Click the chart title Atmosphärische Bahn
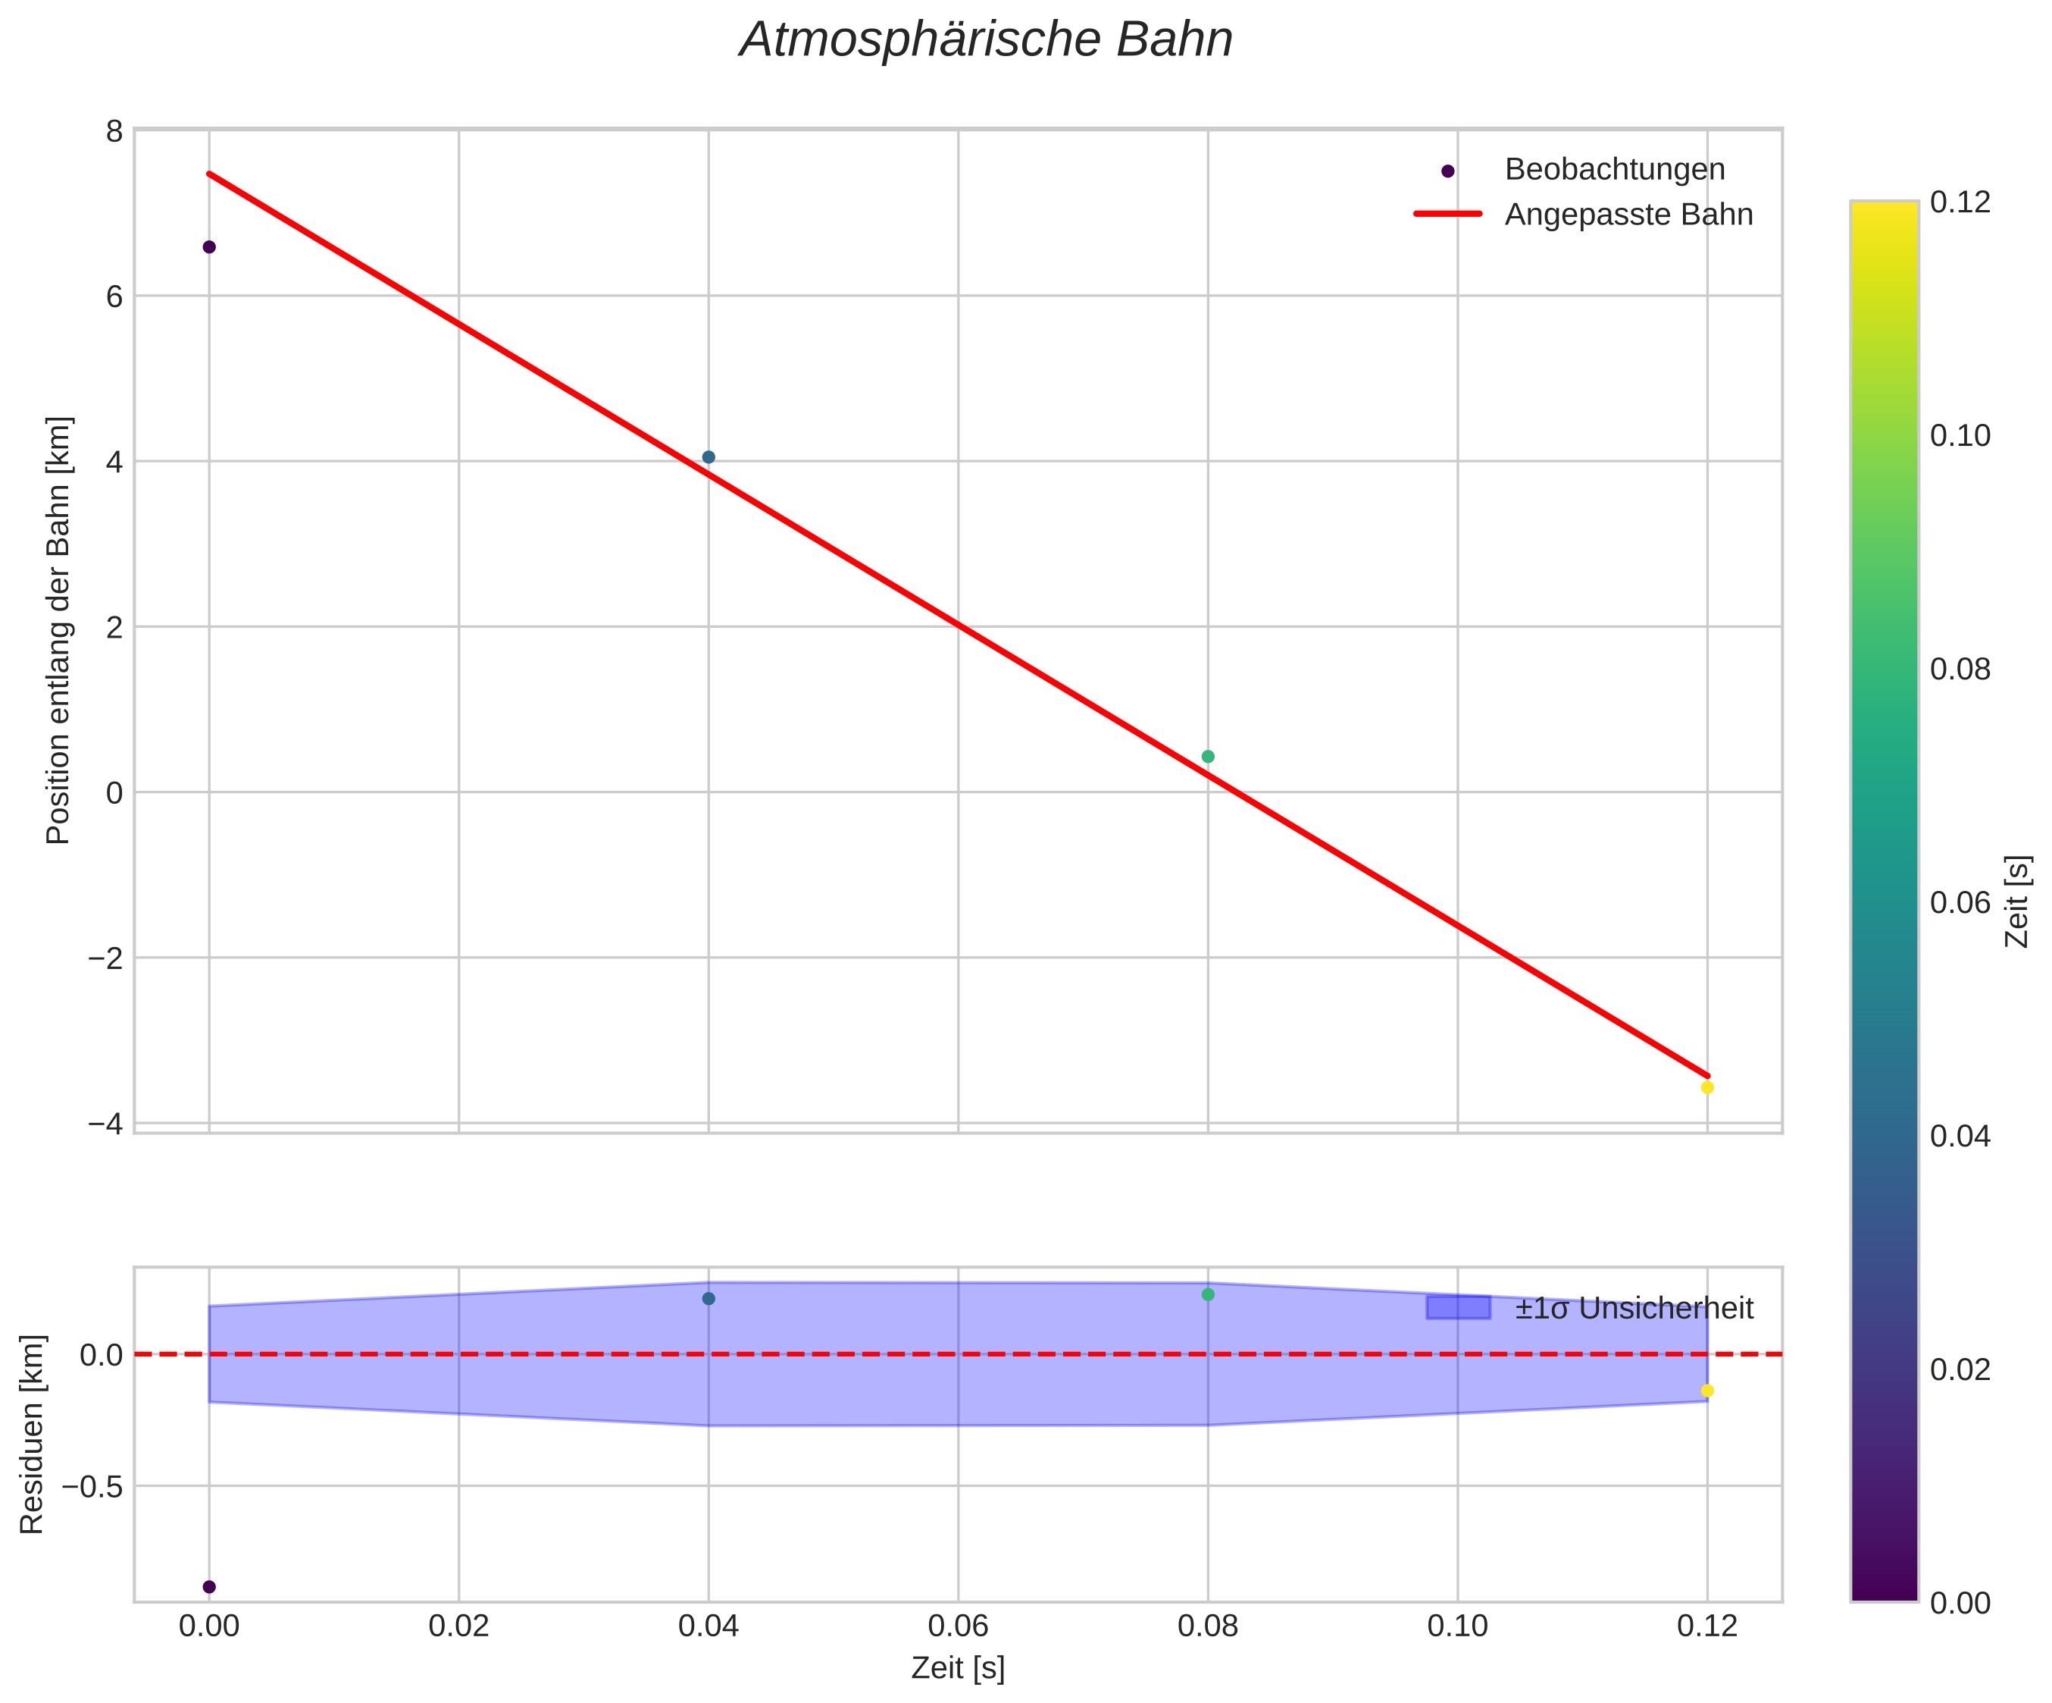coord(986,41)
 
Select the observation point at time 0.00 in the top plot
coord(209,246)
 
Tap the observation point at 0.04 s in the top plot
coord(709,457)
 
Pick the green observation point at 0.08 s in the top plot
coord(1208,757)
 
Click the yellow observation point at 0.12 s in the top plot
coord(1707,1087)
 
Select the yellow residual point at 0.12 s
coord(1707,1390)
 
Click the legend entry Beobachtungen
coord(1614,170)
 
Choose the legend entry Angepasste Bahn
coord(1628,215)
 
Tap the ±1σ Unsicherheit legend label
coord(1634,1308)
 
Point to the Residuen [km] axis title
coord(33,1433)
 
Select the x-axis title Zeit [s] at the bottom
coord(958,1668)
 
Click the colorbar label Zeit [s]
coord(2018,902)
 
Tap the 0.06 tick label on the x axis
coord(958,1626)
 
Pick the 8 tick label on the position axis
coord(114,131)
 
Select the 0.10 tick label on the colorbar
coord(1960,436)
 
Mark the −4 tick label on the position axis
coord(105,1124)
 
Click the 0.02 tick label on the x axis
coord(458,1626)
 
